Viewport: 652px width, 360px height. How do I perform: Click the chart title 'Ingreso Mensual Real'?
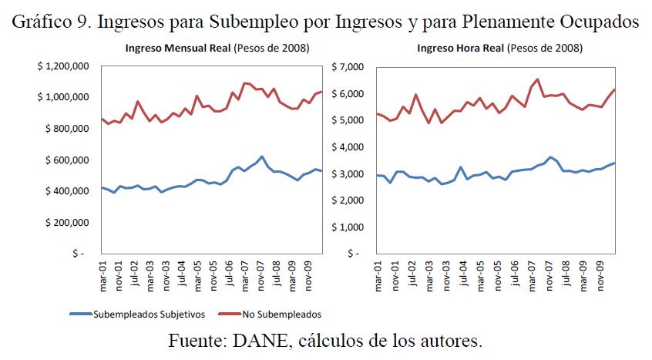[x=175, y=49]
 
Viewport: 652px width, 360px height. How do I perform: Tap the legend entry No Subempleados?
[x=278, y=314]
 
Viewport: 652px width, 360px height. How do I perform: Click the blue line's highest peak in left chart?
[x=261, y=156]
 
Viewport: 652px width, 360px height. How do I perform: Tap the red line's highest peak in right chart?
[x=537, y=79]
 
